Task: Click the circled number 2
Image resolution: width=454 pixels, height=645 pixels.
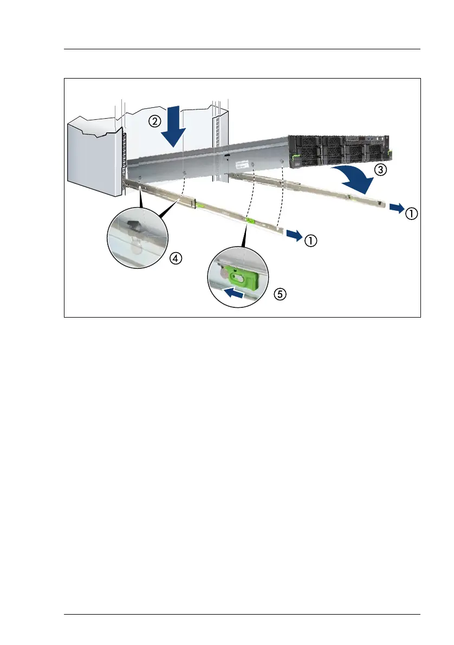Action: coord(155,122)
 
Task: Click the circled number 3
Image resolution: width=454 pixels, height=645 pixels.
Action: coord(381,170)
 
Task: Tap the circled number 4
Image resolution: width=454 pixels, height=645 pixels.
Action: coord(175,259)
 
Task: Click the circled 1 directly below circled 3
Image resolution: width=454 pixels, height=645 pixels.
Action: coord(412,214)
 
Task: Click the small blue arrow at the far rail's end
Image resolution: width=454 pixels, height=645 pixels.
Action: coord(396,208)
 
